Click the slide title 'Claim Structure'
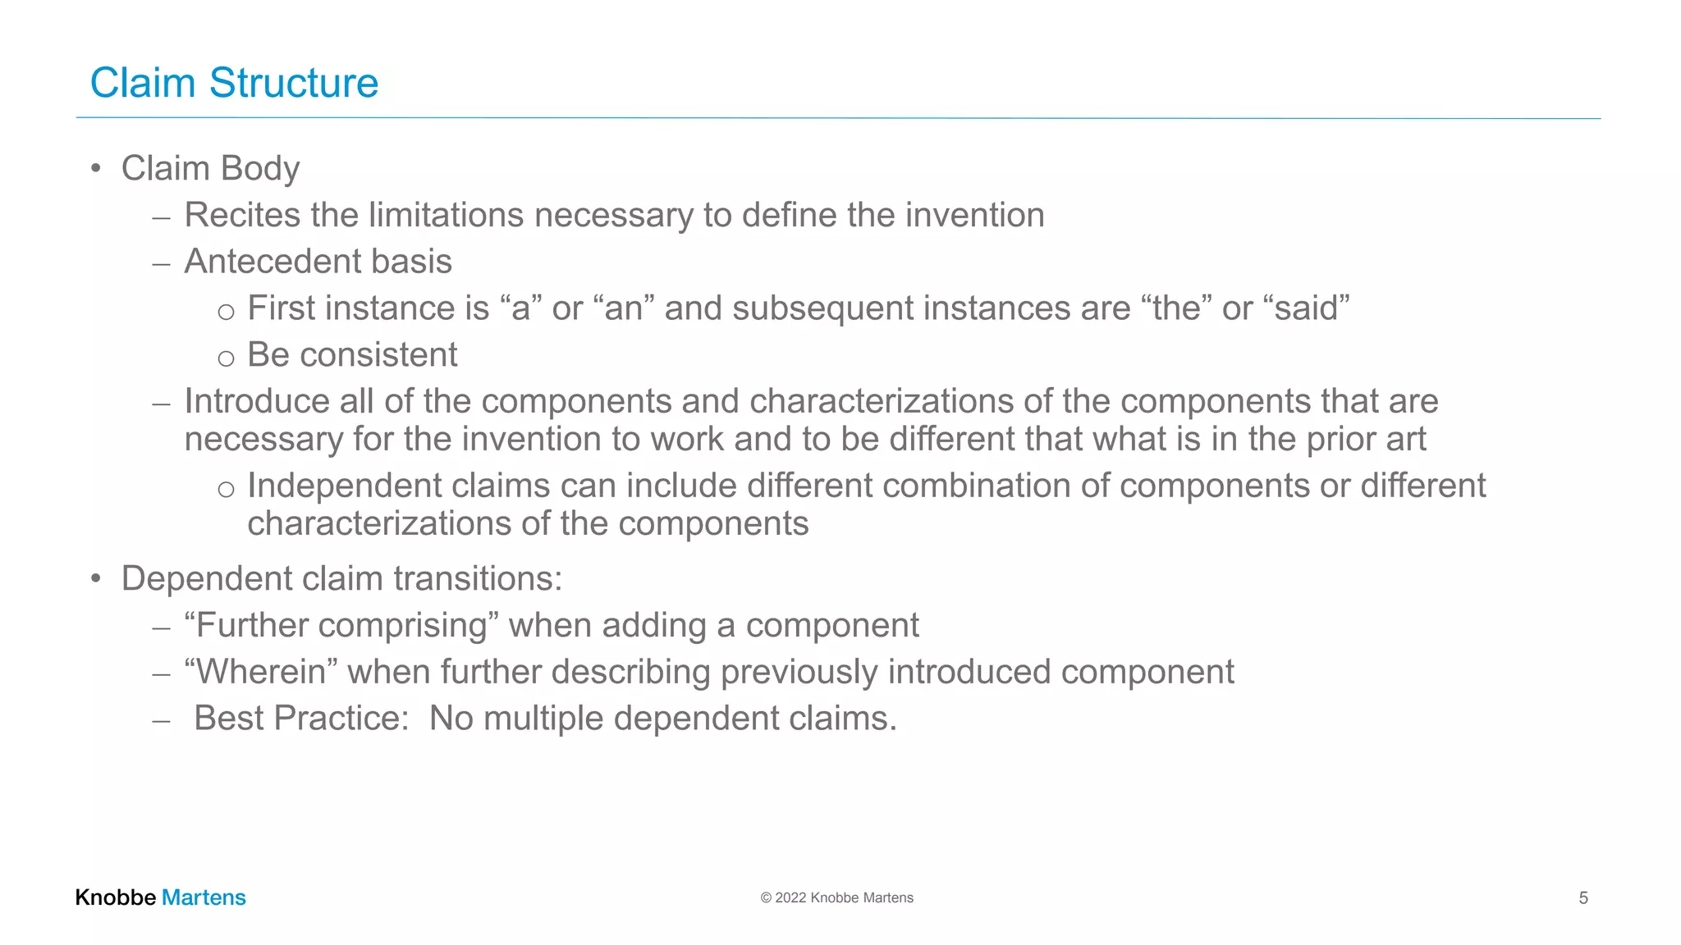[234, 83]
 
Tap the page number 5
[1583, 898]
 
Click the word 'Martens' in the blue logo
[204, 897]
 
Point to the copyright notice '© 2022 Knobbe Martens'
[836, 898]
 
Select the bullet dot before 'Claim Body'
[96, 169]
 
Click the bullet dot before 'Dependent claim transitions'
[96, 579]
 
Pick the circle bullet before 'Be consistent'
[226, 358]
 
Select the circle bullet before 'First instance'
[226, 312]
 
